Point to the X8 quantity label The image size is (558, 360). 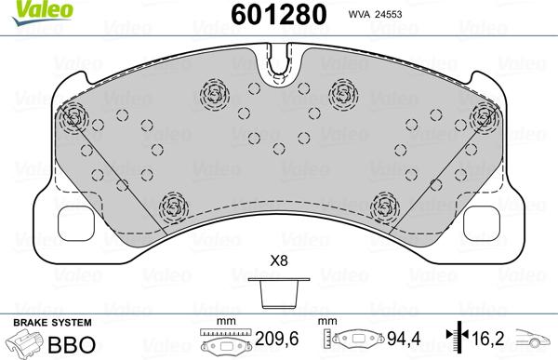[277, 261]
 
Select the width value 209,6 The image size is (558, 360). [276, 340]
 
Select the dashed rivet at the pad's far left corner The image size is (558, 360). [73, 117]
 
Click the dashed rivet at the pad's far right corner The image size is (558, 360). [484, 117]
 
